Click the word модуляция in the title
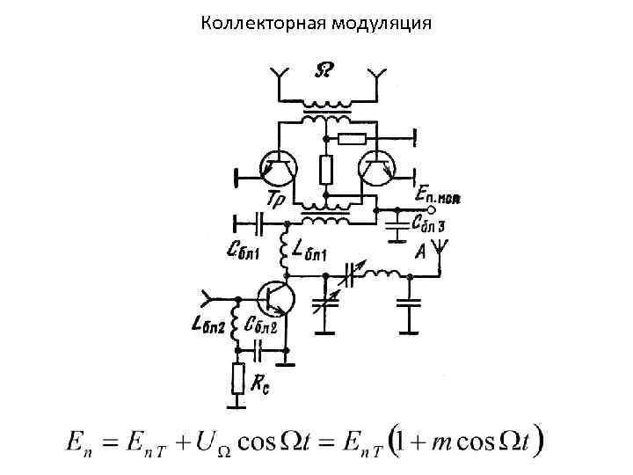(x=382, y=22)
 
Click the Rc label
(x=259, y=384)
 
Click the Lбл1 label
(x=313, y=256)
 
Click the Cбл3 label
(x=428, y=226)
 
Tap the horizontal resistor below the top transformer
(x=352, y=138)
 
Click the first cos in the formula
(x=261, y=439)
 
